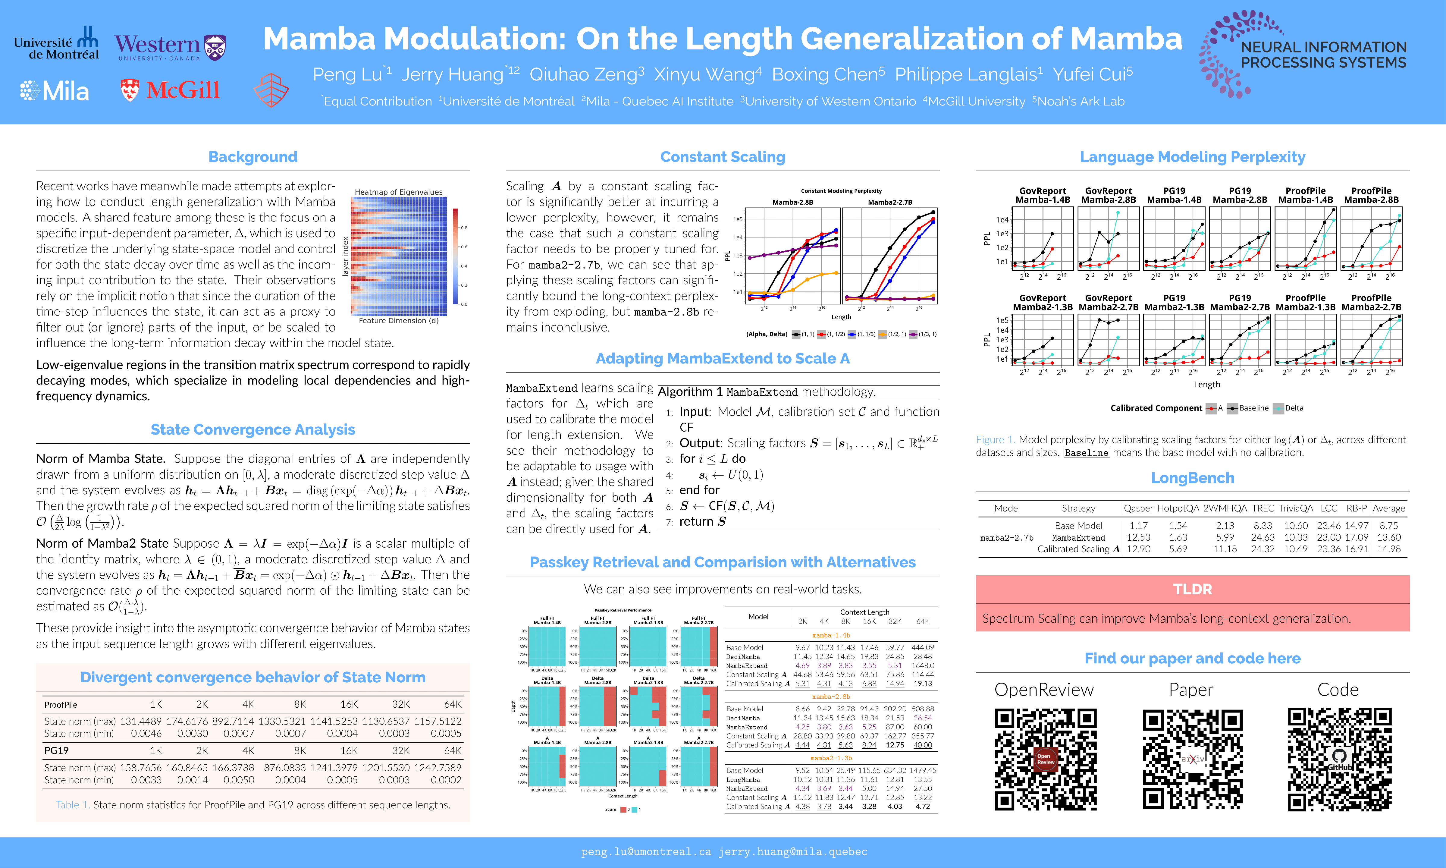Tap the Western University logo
(x=170, y=47)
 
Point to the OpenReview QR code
(x=1046, y=759)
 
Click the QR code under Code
(x=1339, y=759)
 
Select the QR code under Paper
(x=1192, y=759)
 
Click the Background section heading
(x=253, y=157)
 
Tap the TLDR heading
(x=1192, y=589)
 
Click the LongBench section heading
(x=1192, y=478)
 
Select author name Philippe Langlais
(x=968, y=74)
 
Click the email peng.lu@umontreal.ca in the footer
(x=646, y=852)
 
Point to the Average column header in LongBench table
(x=1388, y=508)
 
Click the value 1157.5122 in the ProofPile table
(x=438, y=721)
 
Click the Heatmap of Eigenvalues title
(x=398, y=192)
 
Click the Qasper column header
(x=1138, y=508)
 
